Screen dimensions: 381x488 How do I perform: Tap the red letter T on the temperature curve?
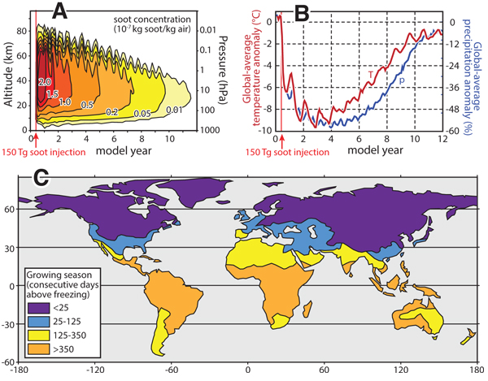click(370, 76)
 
